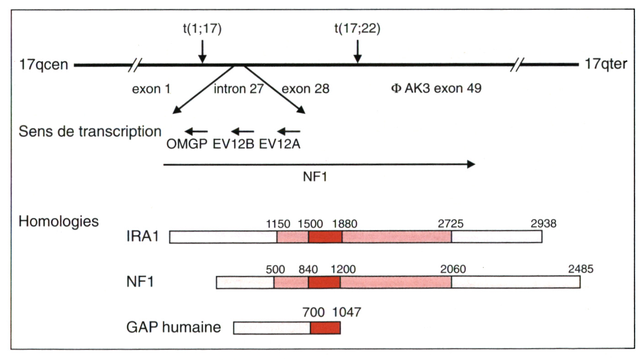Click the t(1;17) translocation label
[x=202, y=30]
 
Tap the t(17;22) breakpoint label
[x=357, y=30]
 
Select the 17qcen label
[x=44, y=64]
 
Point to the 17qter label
[x=606, y=64]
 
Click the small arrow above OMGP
[x=196, y=132]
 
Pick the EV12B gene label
[x=234, y=144]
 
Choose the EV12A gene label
[x=280, y=144]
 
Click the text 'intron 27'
[x=239, y=89]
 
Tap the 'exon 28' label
[x=305, y=89]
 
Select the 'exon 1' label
[x=151, y=89]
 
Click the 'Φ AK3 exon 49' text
[x=436, y=89]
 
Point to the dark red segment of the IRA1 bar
[x=325, y=237]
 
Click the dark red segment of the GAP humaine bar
[x=325, y=328]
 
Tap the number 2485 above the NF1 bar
[x=580, y=269]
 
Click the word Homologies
[x=58, y=222]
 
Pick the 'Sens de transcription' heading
[x=90, y=132]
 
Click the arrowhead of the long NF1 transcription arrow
[x=471, y=165]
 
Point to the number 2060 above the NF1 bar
[x=452, y=269]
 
